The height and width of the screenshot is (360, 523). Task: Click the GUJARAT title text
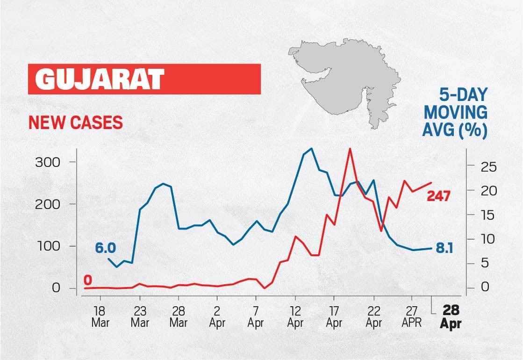coord(100,79)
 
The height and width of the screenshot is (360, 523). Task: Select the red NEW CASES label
coord(75,122)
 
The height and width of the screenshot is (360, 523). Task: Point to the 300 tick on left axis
coord(49,162)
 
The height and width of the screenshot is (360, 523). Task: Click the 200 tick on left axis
coord(49,204)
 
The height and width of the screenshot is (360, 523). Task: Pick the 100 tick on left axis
coord(49,246)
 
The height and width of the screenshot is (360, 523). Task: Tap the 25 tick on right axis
coord(480,167)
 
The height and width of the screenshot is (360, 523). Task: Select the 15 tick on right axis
coord(480,215)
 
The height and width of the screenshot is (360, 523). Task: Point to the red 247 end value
coord(438,196)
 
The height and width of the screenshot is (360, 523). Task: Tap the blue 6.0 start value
coord(105,248)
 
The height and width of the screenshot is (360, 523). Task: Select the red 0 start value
coord(87,280)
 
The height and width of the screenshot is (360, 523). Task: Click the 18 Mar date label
coord(99,317)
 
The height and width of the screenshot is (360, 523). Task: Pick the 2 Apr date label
coord(217,317)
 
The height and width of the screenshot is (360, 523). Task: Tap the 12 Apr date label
coord(295,317)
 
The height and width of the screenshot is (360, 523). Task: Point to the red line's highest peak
coord(350,149)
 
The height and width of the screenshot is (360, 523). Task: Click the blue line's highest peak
coord(311,149)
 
